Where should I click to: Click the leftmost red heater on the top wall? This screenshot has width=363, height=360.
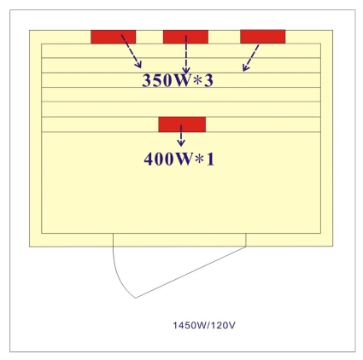pos(114,37)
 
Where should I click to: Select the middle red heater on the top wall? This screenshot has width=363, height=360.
pos(185,37)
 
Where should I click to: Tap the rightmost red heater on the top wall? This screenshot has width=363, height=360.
pos(263,37)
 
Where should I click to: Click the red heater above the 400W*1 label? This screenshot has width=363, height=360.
pos(182,125)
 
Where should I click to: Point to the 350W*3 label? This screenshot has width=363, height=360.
pos(178,80)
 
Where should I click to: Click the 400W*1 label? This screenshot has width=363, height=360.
pos(179,159)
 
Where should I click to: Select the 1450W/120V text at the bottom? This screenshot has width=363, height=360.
pos(204,325)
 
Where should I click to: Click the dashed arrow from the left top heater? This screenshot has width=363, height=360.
pos(132,51)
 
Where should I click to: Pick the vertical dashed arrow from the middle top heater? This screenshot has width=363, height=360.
pos(186,55)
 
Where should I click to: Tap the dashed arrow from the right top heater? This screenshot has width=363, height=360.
pos(251,58)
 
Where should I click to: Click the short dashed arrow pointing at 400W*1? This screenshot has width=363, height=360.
pos(181,136)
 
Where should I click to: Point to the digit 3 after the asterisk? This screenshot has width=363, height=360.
pos(208,80)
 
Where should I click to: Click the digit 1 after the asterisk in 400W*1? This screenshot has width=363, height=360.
pos(210,159)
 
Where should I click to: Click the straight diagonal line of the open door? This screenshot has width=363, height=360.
pos(190,272)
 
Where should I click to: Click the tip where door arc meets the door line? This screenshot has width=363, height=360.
pos(136,298)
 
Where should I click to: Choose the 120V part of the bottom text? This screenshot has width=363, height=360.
pos(223,325)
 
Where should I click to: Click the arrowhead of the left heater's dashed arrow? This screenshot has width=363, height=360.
pos(139,66)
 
